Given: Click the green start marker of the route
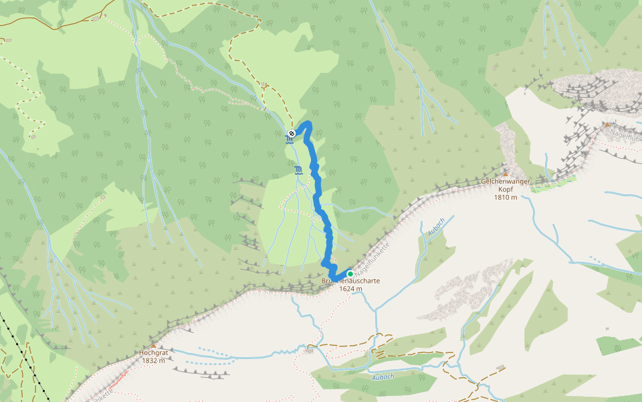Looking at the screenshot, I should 350,273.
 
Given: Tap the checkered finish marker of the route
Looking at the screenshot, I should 292,133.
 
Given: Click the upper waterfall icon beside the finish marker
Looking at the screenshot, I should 290,139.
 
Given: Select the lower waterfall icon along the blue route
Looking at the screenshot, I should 298,170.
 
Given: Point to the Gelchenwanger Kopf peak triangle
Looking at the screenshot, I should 506,174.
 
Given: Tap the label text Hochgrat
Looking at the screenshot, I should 152,352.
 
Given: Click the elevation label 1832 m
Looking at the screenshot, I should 153,360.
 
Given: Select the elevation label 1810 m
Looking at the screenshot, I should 506,198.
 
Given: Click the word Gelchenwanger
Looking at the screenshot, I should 506,182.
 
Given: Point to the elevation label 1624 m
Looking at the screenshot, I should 350,289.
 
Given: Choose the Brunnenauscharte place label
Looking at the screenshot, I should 350,281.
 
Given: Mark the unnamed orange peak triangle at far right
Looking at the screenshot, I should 607,124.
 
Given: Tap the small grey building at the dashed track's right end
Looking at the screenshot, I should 501,367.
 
